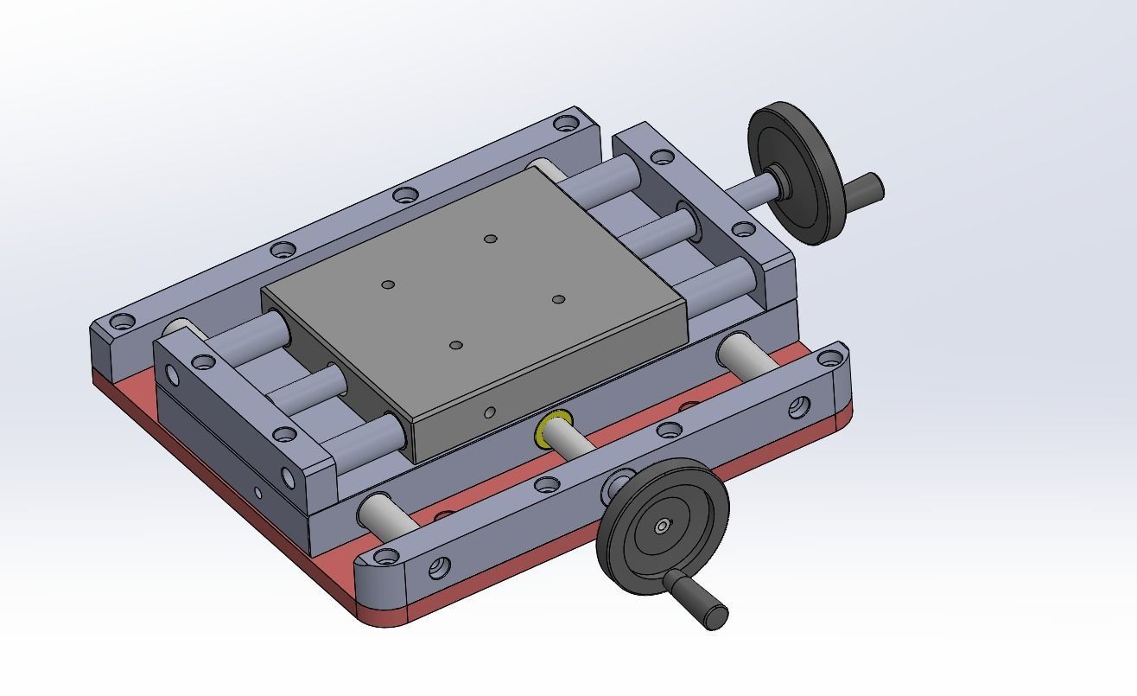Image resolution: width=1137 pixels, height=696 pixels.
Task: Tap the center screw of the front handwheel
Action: tap(661, 526)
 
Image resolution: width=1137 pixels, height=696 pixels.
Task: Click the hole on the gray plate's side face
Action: tap(490, 412)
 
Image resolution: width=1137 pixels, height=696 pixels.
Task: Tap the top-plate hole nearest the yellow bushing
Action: tap(456, 345)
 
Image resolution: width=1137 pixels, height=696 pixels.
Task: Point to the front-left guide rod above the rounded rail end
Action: tap(380, 514)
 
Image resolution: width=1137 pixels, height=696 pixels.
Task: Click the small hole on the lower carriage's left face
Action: tap(257, 494)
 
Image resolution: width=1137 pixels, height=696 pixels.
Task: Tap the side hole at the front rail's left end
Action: tap(439, 568)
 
